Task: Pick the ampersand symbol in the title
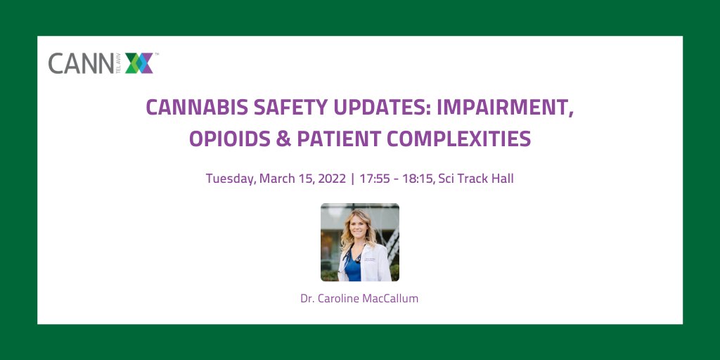coord(283,139)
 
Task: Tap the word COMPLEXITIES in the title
coord(463,139)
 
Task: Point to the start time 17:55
coord(373,179)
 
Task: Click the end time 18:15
coord(416,179)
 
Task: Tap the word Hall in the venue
coord(502,179)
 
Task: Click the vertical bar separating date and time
coord(352,179)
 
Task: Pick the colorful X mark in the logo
coord(139,63)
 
